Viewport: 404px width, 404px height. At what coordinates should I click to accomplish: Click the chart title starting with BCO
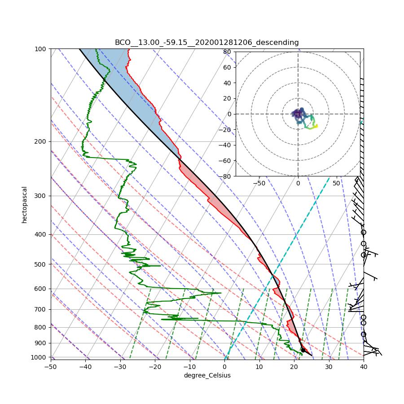click(206, 43)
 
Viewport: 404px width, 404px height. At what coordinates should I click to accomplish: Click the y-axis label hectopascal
click(25, 205)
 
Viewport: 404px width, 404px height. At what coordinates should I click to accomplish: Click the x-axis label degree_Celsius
click(207, 375)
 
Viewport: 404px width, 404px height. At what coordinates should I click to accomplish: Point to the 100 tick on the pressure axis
click(42, 48)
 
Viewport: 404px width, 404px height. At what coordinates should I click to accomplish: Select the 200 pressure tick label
click(42, 141)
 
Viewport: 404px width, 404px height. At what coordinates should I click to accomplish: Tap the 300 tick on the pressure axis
click(42, 196)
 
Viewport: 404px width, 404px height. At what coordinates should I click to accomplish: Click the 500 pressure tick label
click(42, 264)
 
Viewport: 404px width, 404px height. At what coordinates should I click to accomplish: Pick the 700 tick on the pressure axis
click(42, 309)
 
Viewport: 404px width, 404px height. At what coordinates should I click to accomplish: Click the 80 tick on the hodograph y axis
click(227, 52)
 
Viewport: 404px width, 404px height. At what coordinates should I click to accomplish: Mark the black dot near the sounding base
click(303, 350)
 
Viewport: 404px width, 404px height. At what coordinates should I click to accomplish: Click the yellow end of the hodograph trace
click(316, 126)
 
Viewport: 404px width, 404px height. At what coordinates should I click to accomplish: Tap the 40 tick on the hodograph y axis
click(227, 83)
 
